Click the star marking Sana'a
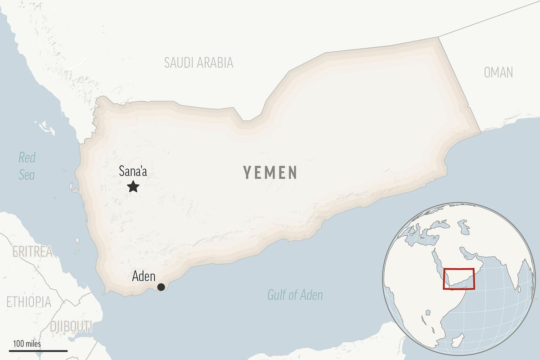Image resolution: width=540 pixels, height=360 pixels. pos(133,186)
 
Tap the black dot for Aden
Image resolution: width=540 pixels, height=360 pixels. pos(161,287)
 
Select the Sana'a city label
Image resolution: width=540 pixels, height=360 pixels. pos(133,171)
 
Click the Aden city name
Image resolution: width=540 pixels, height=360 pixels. pos(144,277)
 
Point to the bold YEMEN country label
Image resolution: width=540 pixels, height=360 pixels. pos(270,172)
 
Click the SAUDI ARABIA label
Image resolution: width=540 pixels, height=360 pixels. pos(198,63)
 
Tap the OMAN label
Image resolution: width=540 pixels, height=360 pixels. pos(498,72)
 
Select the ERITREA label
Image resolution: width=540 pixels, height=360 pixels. pos(32,252)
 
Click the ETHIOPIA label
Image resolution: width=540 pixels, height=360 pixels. pos(29,301)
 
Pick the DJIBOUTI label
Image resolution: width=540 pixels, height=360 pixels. pos(71,326)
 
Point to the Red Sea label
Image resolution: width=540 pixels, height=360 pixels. pos(27,166)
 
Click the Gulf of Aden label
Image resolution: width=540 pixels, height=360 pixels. pos(295,295)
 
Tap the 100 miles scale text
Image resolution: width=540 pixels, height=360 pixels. pos(27,344)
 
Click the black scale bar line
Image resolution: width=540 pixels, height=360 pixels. pos(38,351)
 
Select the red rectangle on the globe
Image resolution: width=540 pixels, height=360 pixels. pos(459,279)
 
